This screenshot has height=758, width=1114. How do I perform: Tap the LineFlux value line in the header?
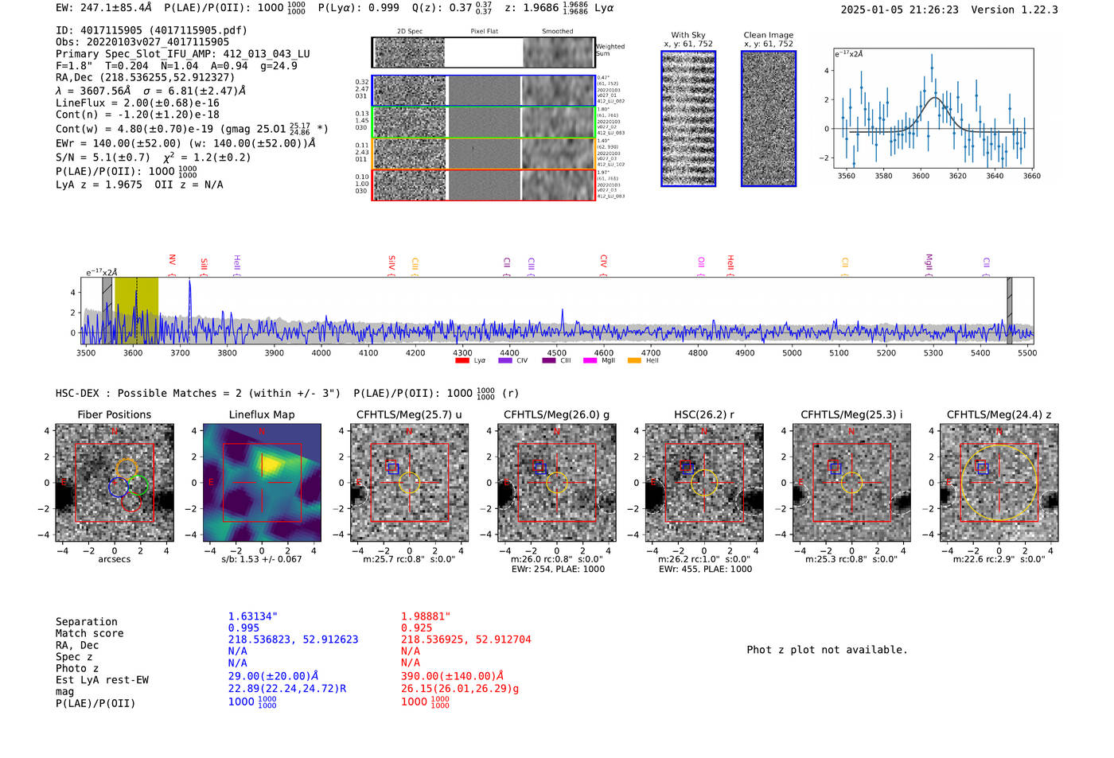137,103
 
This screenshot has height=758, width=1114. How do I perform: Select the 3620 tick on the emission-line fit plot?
957,176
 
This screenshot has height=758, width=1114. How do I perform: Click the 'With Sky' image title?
688,35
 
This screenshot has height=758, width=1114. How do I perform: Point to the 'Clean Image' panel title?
768,35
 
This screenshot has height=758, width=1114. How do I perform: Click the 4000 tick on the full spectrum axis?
321,352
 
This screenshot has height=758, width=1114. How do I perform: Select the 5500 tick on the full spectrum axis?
1026,352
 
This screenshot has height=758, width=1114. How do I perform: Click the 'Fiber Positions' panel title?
114,414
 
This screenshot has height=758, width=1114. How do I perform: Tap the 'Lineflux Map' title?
262,414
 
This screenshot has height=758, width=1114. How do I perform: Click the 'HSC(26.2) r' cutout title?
703,414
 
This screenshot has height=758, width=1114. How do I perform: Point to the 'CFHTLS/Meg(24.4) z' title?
999,414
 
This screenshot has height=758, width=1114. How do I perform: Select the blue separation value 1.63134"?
252,616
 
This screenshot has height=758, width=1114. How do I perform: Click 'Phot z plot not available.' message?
827,650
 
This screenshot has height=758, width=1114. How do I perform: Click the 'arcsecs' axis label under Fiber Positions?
114,559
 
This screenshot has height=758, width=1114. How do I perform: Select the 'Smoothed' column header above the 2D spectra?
557,31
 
